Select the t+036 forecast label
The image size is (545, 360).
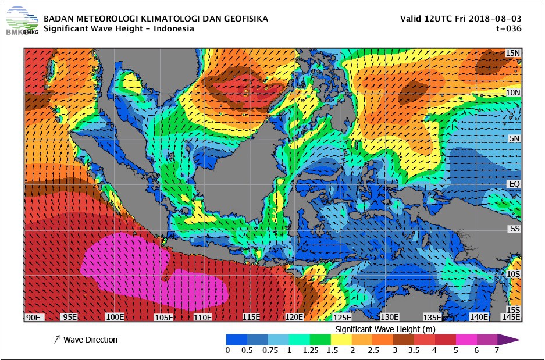[x=507, y=28]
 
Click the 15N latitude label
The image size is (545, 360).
[x=512, y=53]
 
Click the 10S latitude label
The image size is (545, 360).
[x=512, y=274]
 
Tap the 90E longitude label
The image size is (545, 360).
[x=33, y=317]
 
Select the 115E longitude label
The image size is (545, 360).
[x=251, y=317]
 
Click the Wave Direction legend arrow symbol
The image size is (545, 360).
[x=56, y=340]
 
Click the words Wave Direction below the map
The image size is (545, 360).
[x=90, y=340]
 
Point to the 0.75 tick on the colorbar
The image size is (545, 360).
[x=269, y=350]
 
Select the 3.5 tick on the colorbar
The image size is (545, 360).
[x=414, y=350]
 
